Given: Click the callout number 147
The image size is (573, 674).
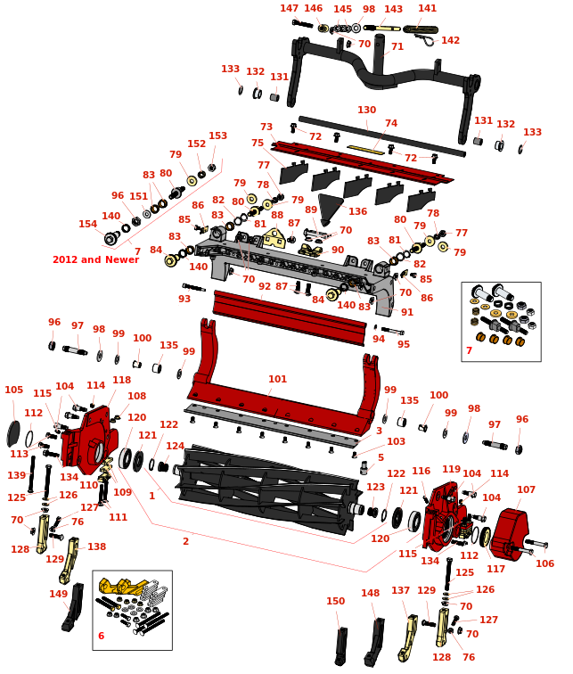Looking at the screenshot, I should point(290,8).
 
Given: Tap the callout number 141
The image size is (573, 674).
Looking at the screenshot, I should point(428,8).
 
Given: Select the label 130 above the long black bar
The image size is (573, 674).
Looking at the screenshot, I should point(366,110).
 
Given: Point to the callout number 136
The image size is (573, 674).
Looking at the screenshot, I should point(357,211).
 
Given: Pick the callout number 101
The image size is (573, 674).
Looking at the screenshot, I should point(277,379).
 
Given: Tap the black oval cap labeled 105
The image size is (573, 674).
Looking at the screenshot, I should point(13,434).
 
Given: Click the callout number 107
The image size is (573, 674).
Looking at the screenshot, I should point(526,489).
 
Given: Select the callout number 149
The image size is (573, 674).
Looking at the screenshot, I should point(58,594).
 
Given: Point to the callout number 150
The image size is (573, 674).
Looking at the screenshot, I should point(335,601).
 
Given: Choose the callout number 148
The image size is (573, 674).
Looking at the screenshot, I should point(370,593).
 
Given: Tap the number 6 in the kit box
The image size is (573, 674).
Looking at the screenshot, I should point(101,636).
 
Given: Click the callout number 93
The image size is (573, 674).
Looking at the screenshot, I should point(184,299).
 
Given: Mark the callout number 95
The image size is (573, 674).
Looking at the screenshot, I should point(404,344).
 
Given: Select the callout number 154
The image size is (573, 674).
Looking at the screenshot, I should point(87,224).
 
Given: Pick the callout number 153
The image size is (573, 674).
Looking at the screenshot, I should point(218,136).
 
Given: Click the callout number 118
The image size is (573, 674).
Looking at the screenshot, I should point(121,380).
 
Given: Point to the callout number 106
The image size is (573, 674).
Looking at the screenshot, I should point(544,563).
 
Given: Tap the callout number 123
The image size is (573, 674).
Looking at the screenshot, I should point(375,487).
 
